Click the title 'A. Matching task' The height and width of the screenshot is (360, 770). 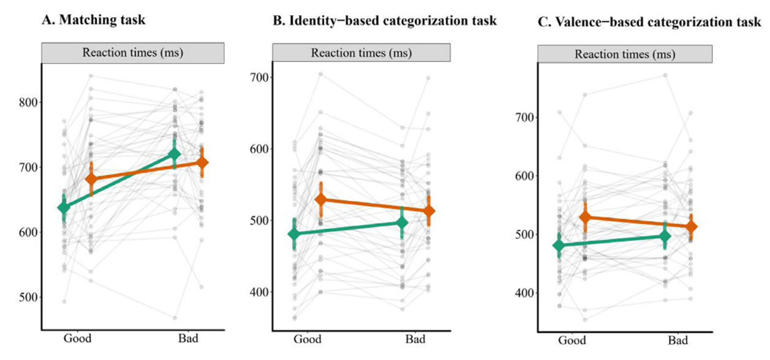93,21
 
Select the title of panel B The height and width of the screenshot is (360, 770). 385,21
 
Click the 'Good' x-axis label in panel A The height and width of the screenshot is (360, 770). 77,338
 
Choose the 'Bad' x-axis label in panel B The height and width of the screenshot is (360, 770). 415,340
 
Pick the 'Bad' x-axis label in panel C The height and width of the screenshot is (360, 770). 678,341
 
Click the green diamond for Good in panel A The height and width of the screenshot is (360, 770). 64,207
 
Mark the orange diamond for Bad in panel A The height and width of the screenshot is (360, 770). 203,162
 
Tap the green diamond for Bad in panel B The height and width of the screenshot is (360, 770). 402,222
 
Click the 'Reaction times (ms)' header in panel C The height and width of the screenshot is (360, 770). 625,54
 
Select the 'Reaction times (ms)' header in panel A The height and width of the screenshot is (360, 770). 133,52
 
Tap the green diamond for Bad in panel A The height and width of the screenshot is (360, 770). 174,154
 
